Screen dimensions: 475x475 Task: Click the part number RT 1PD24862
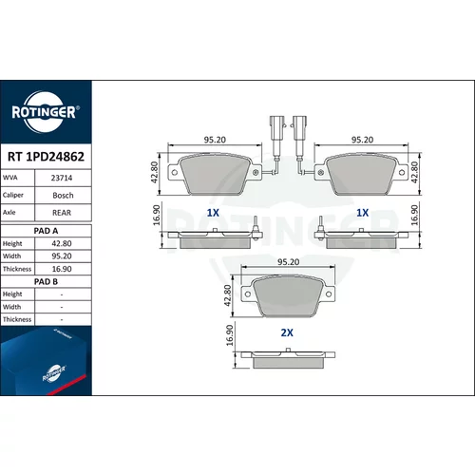(x=46, y=157)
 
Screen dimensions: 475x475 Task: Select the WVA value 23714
(x=62, y=178)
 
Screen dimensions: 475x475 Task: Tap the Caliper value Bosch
(x=63, y=196)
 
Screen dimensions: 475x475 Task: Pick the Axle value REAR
(x=62, y=213)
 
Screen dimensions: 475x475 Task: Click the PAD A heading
(x=46, y=231)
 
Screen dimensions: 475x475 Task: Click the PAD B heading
(x=46, y=281)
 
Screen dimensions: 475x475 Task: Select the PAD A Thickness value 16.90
(x=62, y=269)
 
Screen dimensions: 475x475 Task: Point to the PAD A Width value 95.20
(x=62, y=256)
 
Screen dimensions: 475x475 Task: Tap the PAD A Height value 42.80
(x=62, y=243)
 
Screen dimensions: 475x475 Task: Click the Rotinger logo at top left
(x=46, y=112)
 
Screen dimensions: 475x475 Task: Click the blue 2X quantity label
(x=287, y=332)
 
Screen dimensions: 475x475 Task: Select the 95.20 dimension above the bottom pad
(x=288, y=262)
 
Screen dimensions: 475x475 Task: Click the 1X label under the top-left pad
(x=213, y=213)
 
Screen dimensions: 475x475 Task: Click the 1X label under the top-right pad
(x=363, y=213)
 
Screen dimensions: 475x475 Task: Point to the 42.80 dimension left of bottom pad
(x=228, y=295)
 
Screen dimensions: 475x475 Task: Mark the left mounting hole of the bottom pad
(x=248, y=294)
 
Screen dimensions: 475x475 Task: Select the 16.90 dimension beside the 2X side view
(x=230, y=335)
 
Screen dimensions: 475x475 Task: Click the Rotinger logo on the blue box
(x=54, y=373)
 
